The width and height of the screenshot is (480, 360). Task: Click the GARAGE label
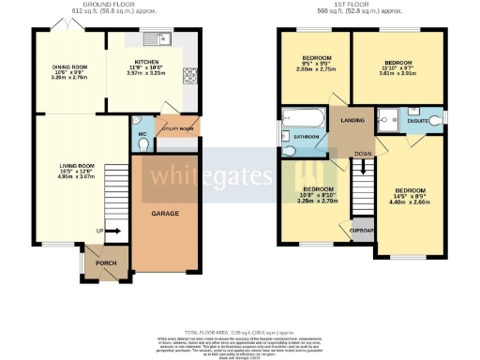pos(165,213)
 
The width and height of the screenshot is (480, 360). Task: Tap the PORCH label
pos(107,263)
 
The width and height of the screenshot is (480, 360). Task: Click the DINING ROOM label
pos(67,67)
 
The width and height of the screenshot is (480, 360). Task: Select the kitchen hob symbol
pos(190,75)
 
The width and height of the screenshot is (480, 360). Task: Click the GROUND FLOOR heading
pos(105,5)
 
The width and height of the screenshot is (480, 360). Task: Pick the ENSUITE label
pos(418,120)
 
